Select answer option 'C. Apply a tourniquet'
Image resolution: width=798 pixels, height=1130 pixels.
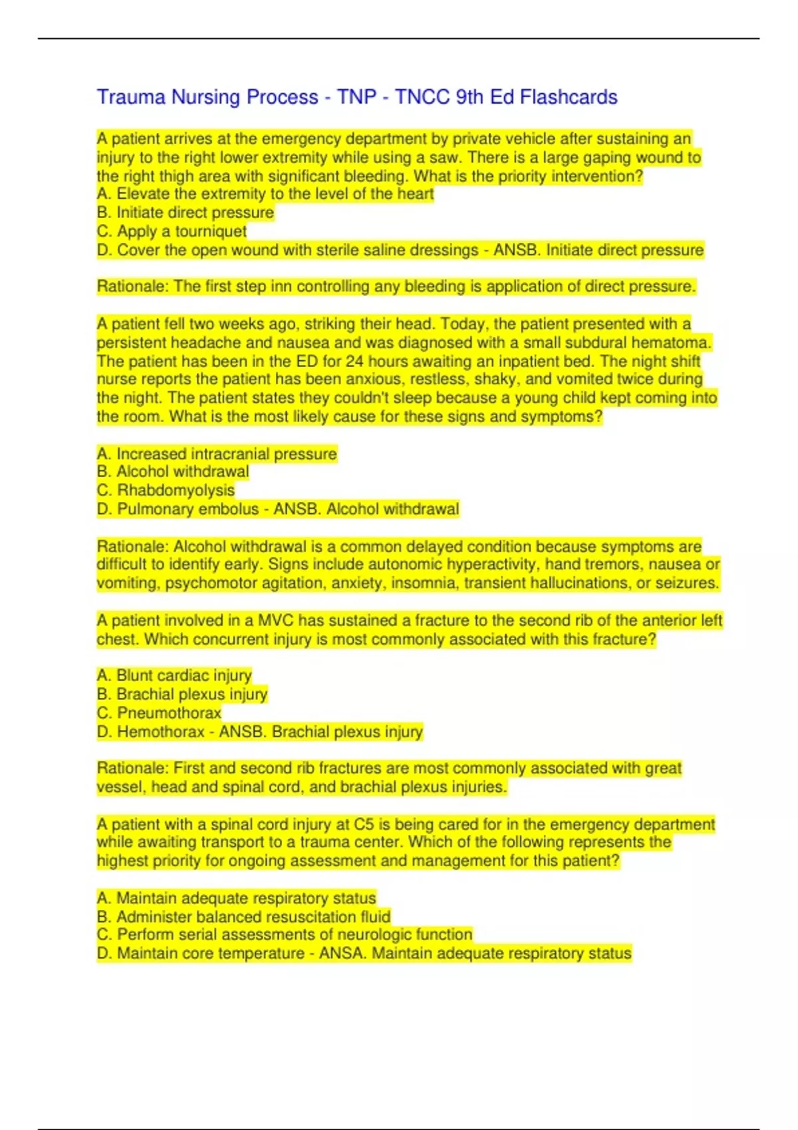(x=172, y=231)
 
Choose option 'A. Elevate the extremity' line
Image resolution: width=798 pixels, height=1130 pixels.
(x=265, y=194)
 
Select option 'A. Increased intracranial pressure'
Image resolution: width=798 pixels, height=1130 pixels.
(x=217, y=454)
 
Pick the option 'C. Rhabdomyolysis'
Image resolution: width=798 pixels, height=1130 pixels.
(x=166, y=490)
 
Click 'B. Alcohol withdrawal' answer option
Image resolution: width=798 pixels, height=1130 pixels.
(x=173, y=472)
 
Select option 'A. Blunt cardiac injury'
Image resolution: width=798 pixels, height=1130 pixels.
(x=174, y=675)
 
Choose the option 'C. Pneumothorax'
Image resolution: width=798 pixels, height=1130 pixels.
(x=159, y=713)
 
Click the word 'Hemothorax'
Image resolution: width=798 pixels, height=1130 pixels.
(x=161, y=732)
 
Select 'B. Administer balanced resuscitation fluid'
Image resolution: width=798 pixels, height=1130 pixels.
(x=243, y=917)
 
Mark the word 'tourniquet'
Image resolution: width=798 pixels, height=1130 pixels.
(x=211, y=231)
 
